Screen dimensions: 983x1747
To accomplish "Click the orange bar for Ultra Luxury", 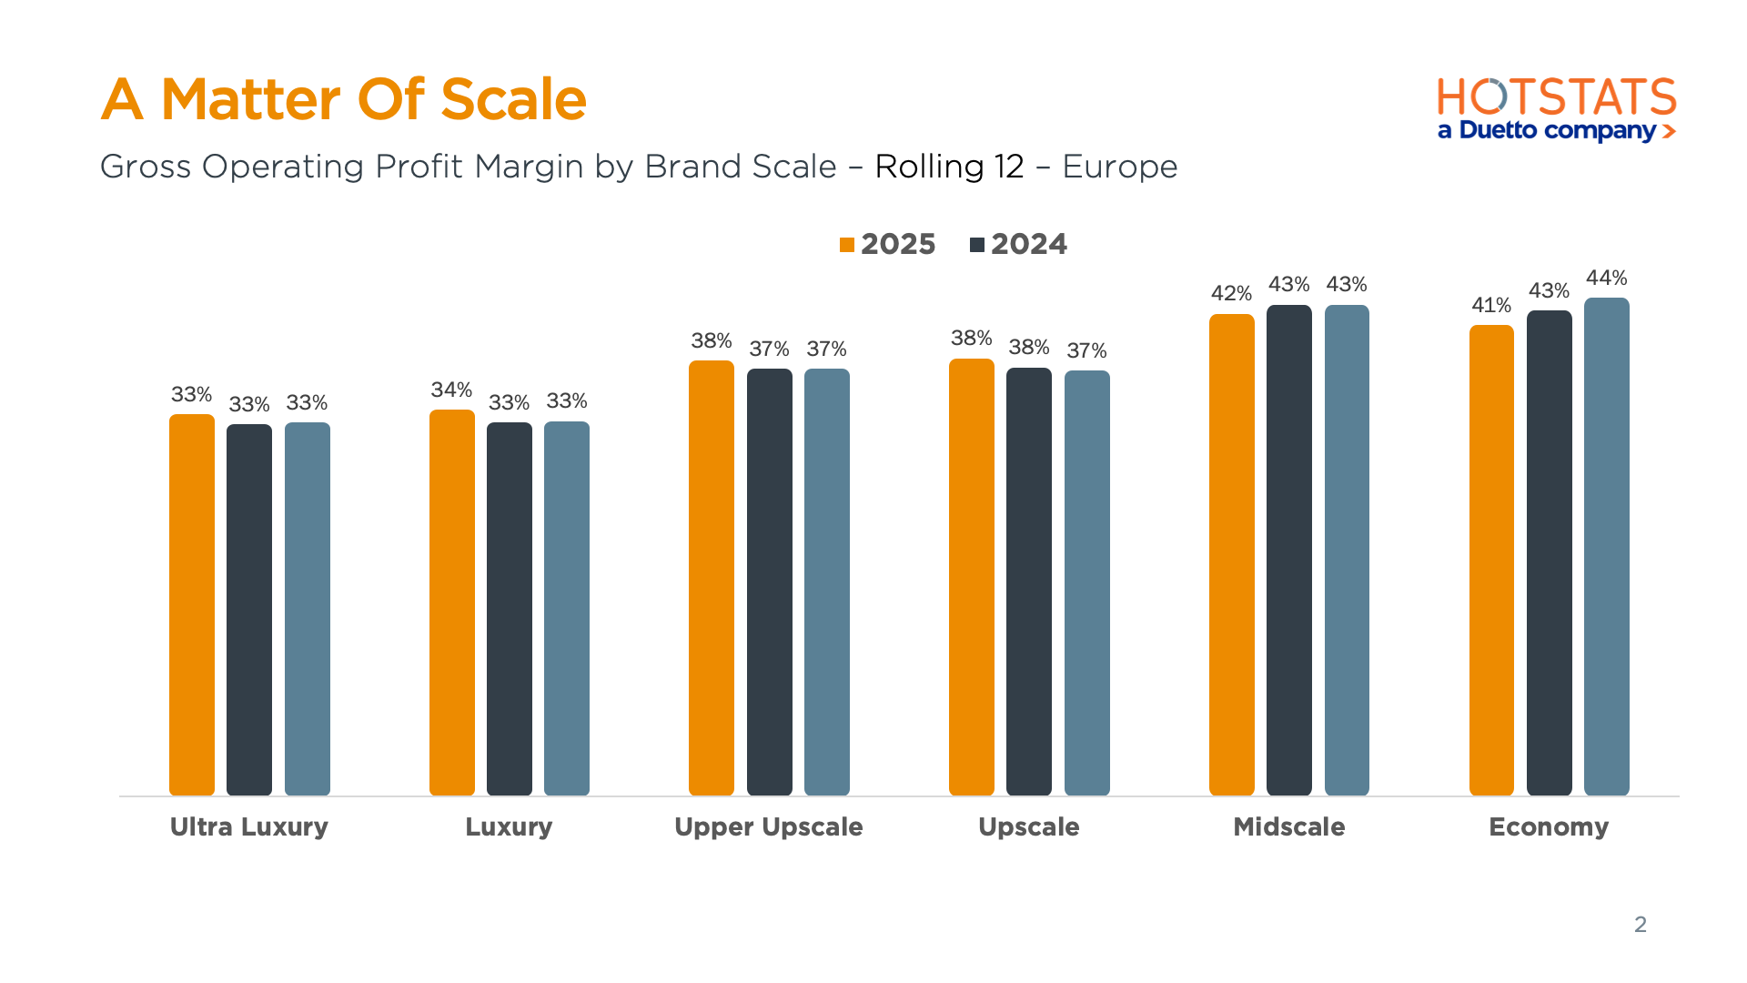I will (x=191, y=605).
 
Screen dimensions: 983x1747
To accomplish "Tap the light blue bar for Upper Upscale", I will (x=826, y=583).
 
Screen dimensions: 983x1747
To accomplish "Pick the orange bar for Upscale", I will (x=971, y=577).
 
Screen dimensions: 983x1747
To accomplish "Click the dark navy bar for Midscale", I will (x=1288, y=550).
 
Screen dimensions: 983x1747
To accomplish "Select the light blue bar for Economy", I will (x=1606, y=546).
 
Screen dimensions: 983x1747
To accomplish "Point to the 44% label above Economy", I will (x=1606, y=278).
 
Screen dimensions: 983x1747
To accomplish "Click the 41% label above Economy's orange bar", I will (x=1490, y=305).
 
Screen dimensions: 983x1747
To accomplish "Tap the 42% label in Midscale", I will (x=1230, y=293).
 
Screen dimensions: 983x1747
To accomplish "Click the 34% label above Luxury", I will (x=451, y=390).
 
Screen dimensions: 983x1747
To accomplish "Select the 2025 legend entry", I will (x=887, y=244).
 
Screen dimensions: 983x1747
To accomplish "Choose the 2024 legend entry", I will (x=1018, y=244).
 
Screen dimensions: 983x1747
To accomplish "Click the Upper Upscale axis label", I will (x=768, y=826).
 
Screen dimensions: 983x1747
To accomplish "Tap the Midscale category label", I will (x=1288, y=826).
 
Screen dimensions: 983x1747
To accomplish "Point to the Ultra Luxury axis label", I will (x=248, y=826).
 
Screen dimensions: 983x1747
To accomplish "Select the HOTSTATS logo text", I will (x=1556, y=97).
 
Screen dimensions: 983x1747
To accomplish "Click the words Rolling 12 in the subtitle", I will (x=949, y=167).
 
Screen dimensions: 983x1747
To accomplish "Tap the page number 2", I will (x=1640, y=924).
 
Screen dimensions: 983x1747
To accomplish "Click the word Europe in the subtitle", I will (x=1119, y=167).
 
